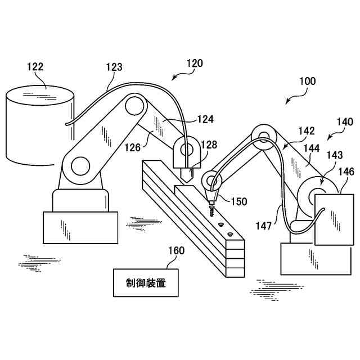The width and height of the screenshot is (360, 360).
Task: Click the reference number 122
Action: point(35,67)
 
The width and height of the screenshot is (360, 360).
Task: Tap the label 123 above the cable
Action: point(114,67)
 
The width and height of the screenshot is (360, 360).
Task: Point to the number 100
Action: point(307,82)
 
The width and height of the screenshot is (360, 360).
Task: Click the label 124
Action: point(206,119)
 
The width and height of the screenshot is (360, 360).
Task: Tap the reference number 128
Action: point(209,145)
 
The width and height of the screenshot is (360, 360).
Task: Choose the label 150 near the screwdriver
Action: point(239,201)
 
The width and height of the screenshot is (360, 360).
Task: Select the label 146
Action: point(346,172)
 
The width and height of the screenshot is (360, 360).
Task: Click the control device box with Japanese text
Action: point(146,283)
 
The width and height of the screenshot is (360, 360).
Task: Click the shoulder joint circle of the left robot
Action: point(80,166)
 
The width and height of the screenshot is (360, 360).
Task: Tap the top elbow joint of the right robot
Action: point(263,135)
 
